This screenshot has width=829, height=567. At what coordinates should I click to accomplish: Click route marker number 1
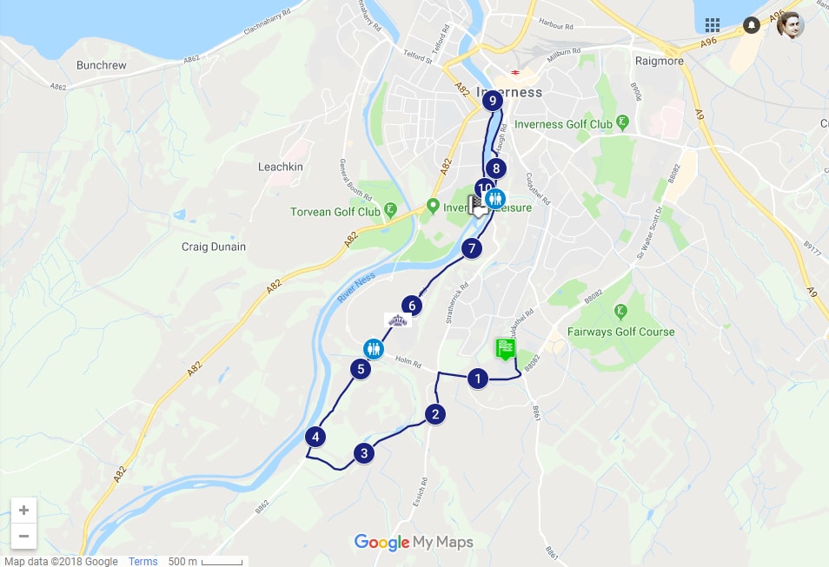coord(477,379)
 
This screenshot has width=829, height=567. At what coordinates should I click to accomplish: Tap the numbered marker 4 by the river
coord(317,437)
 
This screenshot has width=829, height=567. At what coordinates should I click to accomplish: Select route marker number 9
coord(493,102)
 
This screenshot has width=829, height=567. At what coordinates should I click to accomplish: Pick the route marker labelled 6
coord(412,306)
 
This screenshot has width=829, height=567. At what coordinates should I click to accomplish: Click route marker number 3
coord(364,452)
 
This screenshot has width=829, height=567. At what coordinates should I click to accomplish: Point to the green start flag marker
coord(506,349)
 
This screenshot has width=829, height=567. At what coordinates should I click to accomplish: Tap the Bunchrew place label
coord(103,65)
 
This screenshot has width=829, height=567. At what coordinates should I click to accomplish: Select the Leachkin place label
coord(281,167)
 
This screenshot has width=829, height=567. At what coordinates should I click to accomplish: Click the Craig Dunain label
coord(214,247)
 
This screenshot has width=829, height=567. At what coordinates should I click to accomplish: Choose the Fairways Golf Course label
coord(620,332)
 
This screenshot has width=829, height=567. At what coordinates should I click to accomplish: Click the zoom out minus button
coord(23,536)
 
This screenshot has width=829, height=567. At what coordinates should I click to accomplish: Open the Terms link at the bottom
coord(143,561)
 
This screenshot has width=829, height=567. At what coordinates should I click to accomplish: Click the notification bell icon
coord(752,25)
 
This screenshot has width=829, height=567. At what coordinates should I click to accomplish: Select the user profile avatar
coord(790,25)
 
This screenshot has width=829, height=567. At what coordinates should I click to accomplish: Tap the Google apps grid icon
coord(713,24)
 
